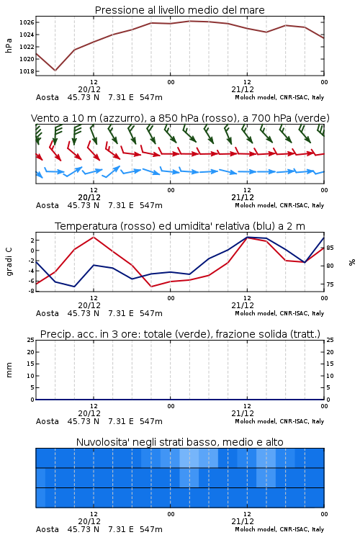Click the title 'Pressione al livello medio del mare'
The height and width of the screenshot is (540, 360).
click(x=179, y=10)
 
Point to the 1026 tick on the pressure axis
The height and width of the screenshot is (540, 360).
click(x=27, y=23)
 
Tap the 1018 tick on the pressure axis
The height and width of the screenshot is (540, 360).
click(x=27, y=71)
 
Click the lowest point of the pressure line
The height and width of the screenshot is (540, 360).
click(x=55, y=71)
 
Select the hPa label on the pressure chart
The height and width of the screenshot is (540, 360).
click(x=9, y=45)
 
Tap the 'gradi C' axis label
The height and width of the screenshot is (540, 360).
click(x=9, y=261)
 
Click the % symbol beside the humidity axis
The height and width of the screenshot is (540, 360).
click(x=352, y=262)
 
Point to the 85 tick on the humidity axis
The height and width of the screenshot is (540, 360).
click(x=330, y=248)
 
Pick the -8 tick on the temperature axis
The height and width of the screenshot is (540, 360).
click(x=31, y=291)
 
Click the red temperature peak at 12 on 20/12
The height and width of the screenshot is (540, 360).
click(x=94, y=237)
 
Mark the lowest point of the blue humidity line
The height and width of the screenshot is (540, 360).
click(x=74, y=287)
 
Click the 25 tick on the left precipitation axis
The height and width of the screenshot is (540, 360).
click(x=31, y=340)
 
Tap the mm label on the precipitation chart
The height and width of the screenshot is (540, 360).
click(x=9, y=370)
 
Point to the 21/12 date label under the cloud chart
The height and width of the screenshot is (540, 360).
click(x=243, y=521)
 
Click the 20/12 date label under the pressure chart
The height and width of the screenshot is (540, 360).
click(x=89, y=89)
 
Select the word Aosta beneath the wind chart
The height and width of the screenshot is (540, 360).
click(x=48, y=205)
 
